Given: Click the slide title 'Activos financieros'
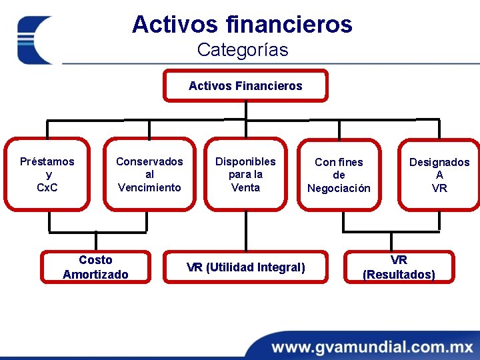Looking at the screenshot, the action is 242,25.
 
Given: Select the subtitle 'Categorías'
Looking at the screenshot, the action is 243,50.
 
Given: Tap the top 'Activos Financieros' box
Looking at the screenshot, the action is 245,85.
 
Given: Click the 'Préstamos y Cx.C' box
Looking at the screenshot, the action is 47,173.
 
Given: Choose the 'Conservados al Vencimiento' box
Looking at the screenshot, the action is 149,173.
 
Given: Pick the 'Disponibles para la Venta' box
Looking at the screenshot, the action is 245,173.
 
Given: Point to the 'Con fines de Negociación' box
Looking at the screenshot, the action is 339,175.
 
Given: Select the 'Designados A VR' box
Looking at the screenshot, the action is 439,175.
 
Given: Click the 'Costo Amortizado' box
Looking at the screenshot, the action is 95,267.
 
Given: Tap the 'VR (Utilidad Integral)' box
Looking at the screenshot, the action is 246,267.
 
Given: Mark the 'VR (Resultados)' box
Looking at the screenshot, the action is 399,267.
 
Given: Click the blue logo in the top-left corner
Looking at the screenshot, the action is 35,40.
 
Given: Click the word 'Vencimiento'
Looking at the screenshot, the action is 149,187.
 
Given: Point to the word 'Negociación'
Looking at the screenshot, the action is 339,189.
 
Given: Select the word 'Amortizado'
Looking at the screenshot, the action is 95,274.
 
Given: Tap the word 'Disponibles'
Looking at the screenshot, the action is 245,161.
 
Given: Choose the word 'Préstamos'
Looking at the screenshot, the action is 47,161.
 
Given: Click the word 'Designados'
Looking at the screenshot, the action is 439,162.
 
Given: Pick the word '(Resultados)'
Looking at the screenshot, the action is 399,275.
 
